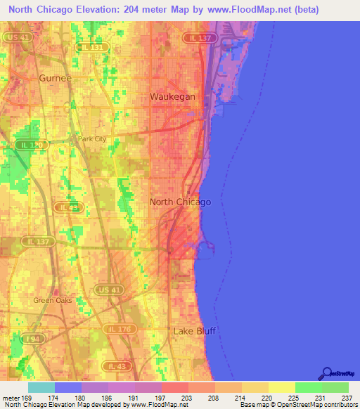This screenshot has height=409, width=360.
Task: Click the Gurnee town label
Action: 56,78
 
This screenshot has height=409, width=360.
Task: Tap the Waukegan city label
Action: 172,96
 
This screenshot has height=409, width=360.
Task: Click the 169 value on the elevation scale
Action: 27,397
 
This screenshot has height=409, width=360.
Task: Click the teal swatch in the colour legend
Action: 41,387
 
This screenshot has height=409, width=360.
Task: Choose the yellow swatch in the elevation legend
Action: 281,387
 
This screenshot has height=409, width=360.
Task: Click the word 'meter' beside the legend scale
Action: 10,397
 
